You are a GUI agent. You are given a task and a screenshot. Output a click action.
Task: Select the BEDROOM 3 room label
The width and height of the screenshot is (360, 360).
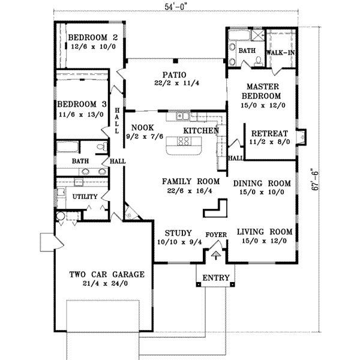coord(80,102)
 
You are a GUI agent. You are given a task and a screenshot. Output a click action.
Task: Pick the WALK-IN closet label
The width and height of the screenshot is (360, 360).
coord(280,52)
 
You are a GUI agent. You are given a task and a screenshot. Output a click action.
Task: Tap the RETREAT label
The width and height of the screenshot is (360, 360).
coord(270,133)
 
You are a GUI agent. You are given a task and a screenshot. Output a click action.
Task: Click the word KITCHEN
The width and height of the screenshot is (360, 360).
coord(200,130)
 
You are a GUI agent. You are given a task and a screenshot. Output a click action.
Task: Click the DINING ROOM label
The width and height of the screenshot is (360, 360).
coord(262,184)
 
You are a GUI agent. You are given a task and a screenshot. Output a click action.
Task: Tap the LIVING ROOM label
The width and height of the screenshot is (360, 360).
coord(264,232)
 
